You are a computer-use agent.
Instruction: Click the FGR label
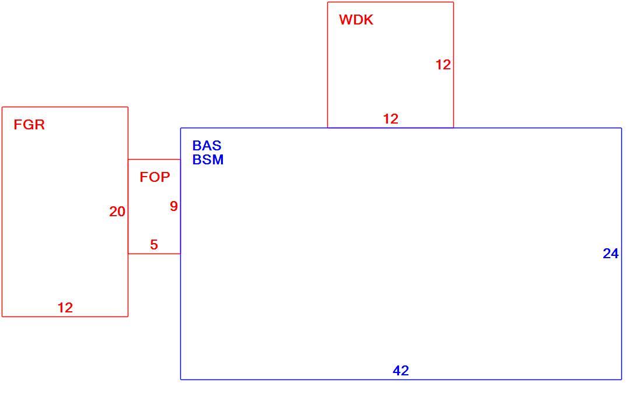tap(29, 124)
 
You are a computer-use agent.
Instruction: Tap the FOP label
tap(155, 177)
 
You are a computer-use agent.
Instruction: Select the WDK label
tap(356, 20)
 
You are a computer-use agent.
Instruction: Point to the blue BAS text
tap(207, 146)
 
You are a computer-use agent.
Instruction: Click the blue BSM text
tap(208, 160)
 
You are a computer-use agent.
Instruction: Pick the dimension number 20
tap(117, 212)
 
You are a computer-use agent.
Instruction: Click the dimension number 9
tap(174, 206)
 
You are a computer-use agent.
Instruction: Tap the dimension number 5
tap(154, 244)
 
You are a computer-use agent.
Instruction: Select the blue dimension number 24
tap(611, 254)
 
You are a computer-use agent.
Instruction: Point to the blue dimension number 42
tap(401, 371)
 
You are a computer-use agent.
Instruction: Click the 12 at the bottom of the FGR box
tap(65, 308)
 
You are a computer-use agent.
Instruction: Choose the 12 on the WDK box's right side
tap(443, 65)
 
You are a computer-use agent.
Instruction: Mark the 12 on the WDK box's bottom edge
tap(391, 119)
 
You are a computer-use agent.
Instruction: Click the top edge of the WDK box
tap(391, 2)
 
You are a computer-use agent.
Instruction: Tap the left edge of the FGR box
tap(2, 212)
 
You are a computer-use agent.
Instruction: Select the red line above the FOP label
tap(154, 160)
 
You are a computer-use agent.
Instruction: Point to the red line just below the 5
tap(154, 254)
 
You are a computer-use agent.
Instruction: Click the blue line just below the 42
tap(401, 380)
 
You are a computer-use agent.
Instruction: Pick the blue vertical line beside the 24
tap(622, 254)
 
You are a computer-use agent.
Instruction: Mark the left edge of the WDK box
tap(328, 65)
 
